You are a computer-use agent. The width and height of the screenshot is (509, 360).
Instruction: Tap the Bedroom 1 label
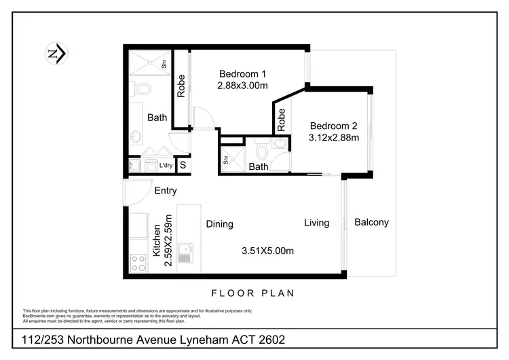[x=242, y=73]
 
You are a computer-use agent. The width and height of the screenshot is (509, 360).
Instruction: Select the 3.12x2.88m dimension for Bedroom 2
[x=334, y=138]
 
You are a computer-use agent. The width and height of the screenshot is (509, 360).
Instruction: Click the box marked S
[x=183, y=166]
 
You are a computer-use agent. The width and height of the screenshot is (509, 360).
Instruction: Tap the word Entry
[x=166, y=191]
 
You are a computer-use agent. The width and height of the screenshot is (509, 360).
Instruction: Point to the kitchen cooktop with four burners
[x=138, y=263]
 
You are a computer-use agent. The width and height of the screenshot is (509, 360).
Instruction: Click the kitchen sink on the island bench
[x=185, y=256]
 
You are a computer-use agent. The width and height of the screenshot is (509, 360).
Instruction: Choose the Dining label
[x=219, y=224]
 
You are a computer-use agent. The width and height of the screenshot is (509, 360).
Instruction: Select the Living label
[x=316, y=223]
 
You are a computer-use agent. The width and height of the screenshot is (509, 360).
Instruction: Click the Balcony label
[x=371, y=222]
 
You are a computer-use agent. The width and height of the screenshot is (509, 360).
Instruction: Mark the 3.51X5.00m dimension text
[x=267, y=251]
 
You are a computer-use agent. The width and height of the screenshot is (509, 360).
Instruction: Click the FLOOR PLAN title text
[x=252, y=293]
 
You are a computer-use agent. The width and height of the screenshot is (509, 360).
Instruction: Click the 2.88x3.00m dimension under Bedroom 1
[x=242, y=86]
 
